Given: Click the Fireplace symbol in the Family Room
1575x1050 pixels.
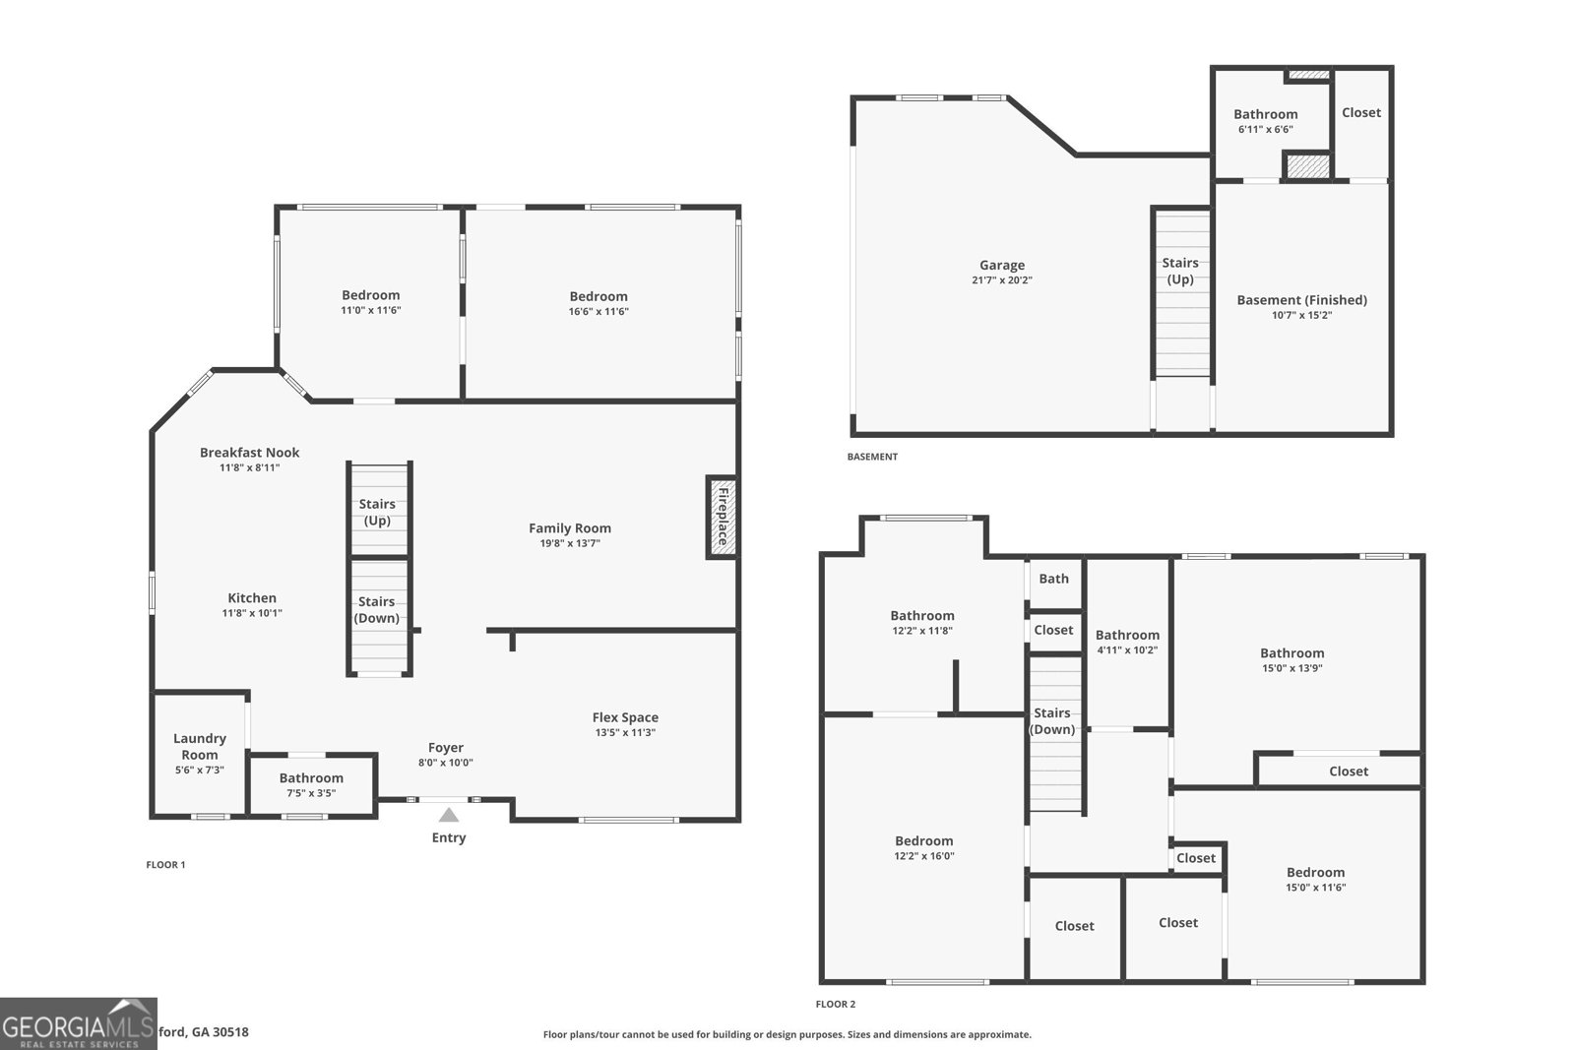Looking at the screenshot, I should point(722,518).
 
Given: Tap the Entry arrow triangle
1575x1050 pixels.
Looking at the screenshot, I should point(448,815).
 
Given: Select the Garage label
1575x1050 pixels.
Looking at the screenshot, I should point(1002,265).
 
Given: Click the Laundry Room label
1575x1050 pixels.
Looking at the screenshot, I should point(200,746).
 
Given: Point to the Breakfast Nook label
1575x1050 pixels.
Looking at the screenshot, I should point(249,453).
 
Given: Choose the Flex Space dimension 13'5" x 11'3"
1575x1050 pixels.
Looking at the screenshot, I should point(625,732).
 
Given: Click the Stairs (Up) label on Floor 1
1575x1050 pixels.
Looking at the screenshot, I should point(377,512).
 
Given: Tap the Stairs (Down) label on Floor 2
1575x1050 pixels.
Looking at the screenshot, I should point(1052,720).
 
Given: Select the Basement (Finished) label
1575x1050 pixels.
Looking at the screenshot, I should point(1301,300).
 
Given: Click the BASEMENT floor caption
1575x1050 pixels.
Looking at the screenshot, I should point(872,457).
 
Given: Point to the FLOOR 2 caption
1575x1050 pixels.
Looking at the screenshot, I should point(836,1004).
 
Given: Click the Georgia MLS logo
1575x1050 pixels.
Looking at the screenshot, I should point(79,1023).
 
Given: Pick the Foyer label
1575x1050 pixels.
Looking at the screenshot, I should point(446,748).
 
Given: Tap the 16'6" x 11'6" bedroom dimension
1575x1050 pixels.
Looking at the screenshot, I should point(598,311).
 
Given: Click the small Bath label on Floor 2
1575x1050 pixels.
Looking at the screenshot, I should point(1053,579).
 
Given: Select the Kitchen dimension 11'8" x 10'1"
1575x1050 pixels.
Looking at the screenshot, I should point(252,613).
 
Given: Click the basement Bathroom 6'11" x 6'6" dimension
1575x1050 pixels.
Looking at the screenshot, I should point(1265,129).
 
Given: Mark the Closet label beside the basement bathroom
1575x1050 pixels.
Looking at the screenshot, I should point(1361,112).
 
